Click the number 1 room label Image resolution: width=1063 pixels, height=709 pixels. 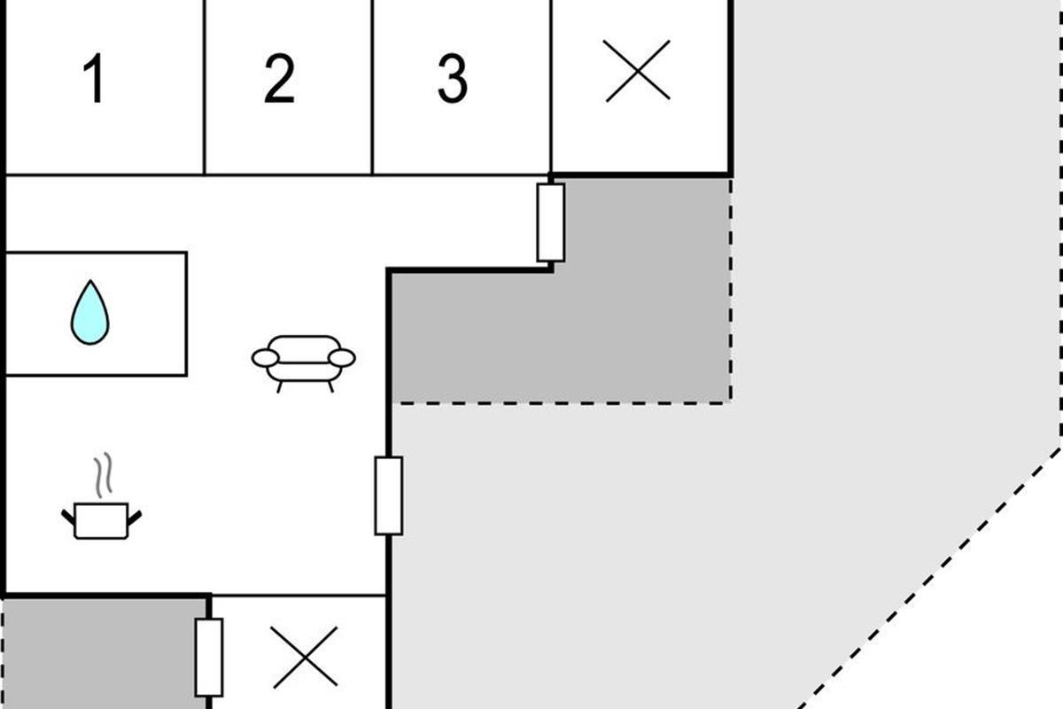(x=95, y=79)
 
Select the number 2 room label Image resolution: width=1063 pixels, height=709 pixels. (x=279, y=79)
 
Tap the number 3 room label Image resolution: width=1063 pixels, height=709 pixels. (x=453, y=79)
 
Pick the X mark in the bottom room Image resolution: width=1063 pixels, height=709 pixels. (x=306, y=657)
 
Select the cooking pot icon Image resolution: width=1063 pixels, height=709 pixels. (x=101, y=520)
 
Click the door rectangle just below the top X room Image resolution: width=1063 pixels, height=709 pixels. (x=551, y=222)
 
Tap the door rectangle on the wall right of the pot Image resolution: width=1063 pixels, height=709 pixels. (x=388, y=495)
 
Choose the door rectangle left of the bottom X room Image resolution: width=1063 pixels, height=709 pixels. (x=209, y=657)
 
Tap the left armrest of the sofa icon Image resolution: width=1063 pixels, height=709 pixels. (x=265, y=358)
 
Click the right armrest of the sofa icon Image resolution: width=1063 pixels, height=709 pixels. (x=342, y=358)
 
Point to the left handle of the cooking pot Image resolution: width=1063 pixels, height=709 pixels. (x=67, y=515)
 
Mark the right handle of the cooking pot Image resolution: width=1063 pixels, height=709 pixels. (x=136, y=515)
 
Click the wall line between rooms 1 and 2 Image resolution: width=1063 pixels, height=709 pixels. (x=205, y=87)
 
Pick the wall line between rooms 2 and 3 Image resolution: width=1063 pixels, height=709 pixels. (x=373, y=87)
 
